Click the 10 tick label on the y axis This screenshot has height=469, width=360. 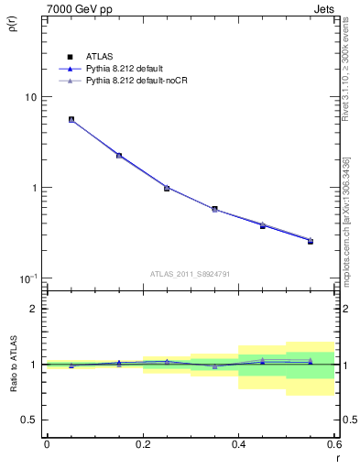[x=30, y=97]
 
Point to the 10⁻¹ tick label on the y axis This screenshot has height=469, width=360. [x=27, y=278]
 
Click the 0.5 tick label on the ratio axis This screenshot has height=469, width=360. [x=28, y=420]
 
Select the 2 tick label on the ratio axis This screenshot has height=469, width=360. [x=33, y=309]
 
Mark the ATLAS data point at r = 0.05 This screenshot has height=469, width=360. [x=71, y=119]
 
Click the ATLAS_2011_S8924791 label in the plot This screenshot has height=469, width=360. [x=191, y=273]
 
